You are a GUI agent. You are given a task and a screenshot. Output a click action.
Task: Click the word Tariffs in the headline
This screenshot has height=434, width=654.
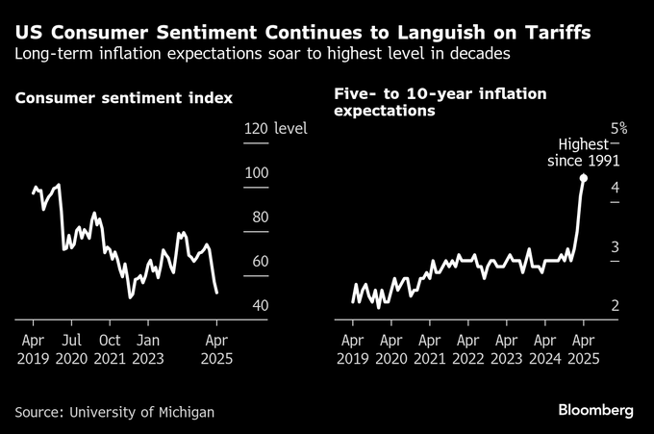coord(552,32)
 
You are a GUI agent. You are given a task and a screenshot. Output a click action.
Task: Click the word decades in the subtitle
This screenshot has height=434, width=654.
coord(476,53)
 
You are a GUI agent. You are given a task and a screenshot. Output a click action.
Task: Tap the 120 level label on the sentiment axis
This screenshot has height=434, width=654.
coord(274,128)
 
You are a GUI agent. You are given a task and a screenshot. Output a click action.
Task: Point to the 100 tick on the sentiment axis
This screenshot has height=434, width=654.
coord(257,172)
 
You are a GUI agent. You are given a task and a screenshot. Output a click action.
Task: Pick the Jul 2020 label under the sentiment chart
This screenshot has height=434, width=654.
coord(71,348)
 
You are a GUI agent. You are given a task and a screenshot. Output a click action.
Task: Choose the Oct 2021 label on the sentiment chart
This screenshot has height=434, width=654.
coord(110,348)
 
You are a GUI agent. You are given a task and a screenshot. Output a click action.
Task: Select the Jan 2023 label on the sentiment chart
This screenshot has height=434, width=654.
coord(147,348)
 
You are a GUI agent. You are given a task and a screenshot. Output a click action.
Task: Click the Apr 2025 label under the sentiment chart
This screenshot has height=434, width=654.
coord(217,348)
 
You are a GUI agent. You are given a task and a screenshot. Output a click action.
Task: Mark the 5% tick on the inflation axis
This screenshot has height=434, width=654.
coord(617,128)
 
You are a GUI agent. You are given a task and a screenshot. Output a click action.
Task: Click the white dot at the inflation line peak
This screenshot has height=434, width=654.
coord(584,178)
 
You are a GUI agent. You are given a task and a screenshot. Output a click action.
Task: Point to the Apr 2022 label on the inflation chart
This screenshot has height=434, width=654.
coord(467,348)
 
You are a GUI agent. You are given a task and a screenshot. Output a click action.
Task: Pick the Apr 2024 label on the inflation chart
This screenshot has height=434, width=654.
coord(544,348)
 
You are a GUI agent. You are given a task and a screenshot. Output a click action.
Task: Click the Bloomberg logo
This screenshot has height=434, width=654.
coord(596,411)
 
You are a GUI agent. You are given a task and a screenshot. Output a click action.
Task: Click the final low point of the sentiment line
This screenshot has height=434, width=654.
coord(216,292)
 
